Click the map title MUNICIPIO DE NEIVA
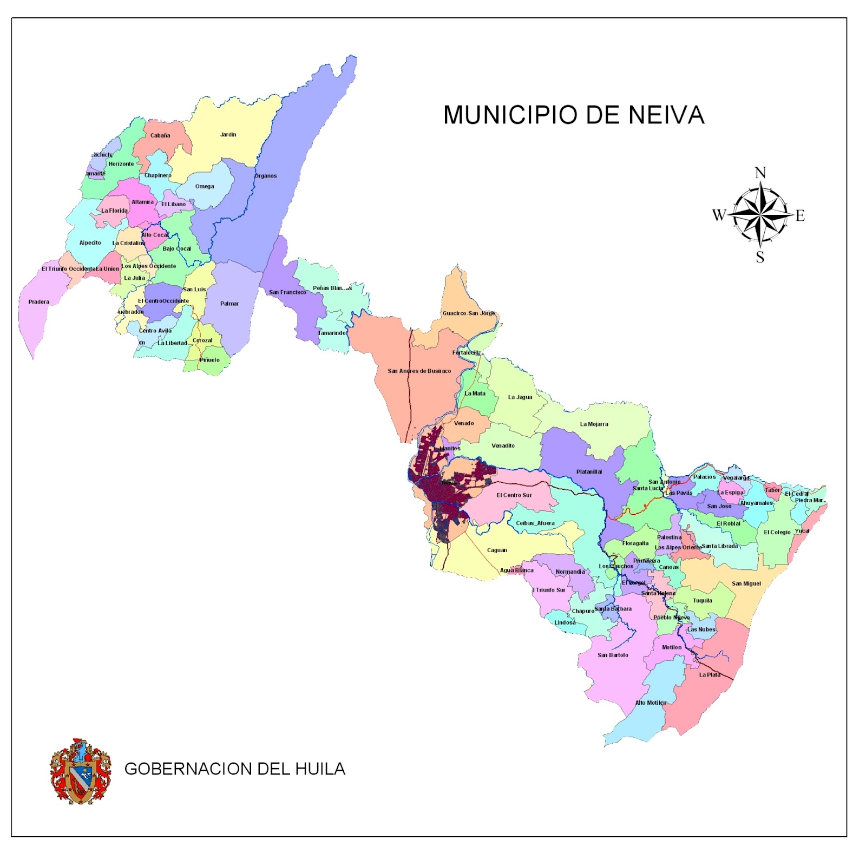(574, 115)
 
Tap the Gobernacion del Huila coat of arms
(80, 771)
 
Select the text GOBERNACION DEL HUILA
(234, 769)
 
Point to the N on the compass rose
(760, 173)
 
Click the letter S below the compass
(760, 257)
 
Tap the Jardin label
(228, 134)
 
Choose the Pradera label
(38, 301)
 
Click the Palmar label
(229, 304)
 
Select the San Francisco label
(287, 292)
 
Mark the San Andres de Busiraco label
(419, 371)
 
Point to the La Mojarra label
(594, 424)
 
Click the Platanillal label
(589, 471)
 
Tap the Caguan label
(497, 550)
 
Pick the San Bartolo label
(613, 655)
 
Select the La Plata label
(710, 674)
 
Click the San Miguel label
(746, 583)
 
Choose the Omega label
(205, 186)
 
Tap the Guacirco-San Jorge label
(468, 313)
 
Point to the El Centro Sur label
(514, 495)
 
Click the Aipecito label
(90, 242)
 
